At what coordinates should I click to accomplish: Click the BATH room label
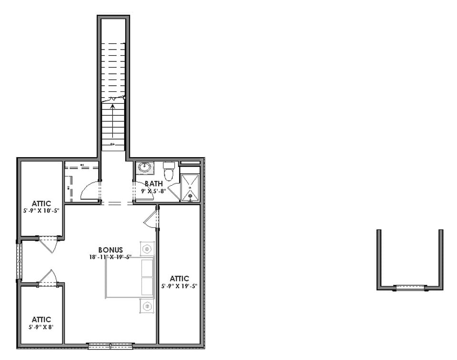point(154,183)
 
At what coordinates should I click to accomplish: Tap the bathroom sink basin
point(143,167)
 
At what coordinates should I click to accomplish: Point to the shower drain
point(189,195)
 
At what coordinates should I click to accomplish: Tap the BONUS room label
point(110,250)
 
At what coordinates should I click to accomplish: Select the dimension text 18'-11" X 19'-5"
point(110,257)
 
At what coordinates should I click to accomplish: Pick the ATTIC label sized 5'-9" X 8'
point(41,320)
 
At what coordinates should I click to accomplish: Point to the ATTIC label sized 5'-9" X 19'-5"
point(179,279)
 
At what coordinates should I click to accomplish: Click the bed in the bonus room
point(129,278)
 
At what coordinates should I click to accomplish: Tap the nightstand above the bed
point(147,249)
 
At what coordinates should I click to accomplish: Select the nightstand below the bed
point(147,306)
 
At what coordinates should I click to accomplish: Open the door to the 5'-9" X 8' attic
point(48,278)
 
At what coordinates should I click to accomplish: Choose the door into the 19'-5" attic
point(151,219)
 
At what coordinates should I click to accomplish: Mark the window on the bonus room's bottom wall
point(110,345)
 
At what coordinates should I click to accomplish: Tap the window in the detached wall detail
point(410,288)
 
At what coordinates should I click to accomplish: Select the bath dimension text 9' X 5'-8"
point(154,191)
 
